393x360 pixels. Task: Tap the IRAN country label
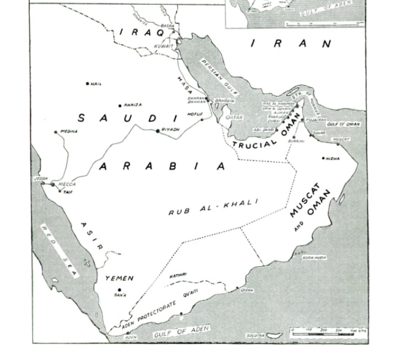[x=290, y=44]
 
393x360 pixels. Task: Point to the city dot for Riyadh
[x=158, y=131]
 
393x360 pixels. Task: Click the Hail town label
[x=96, y=84]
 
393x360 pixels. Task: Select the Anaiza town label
[x=132, y=105]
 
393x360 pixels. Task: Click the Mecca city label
[x=67, y=184]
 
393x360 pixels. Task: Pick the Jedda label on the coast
[x=41, y=178]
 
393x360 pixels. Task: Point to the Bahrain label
[x=221, y=101]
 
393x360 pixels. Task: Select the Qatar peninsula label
[x=234, y=118]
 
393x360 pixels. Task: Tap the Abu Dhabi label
[x=263, y=129]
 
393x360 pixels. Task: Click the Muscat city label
[x=341, y=139]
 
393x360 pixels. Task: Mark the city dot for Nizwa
[x=324, y=159]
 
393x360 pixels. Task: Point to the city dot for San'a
[x=119, y=290]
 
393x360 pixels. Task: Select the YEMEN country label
[x=119, y=278]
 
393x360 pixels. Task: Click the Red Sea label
[x=60, y=250]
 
